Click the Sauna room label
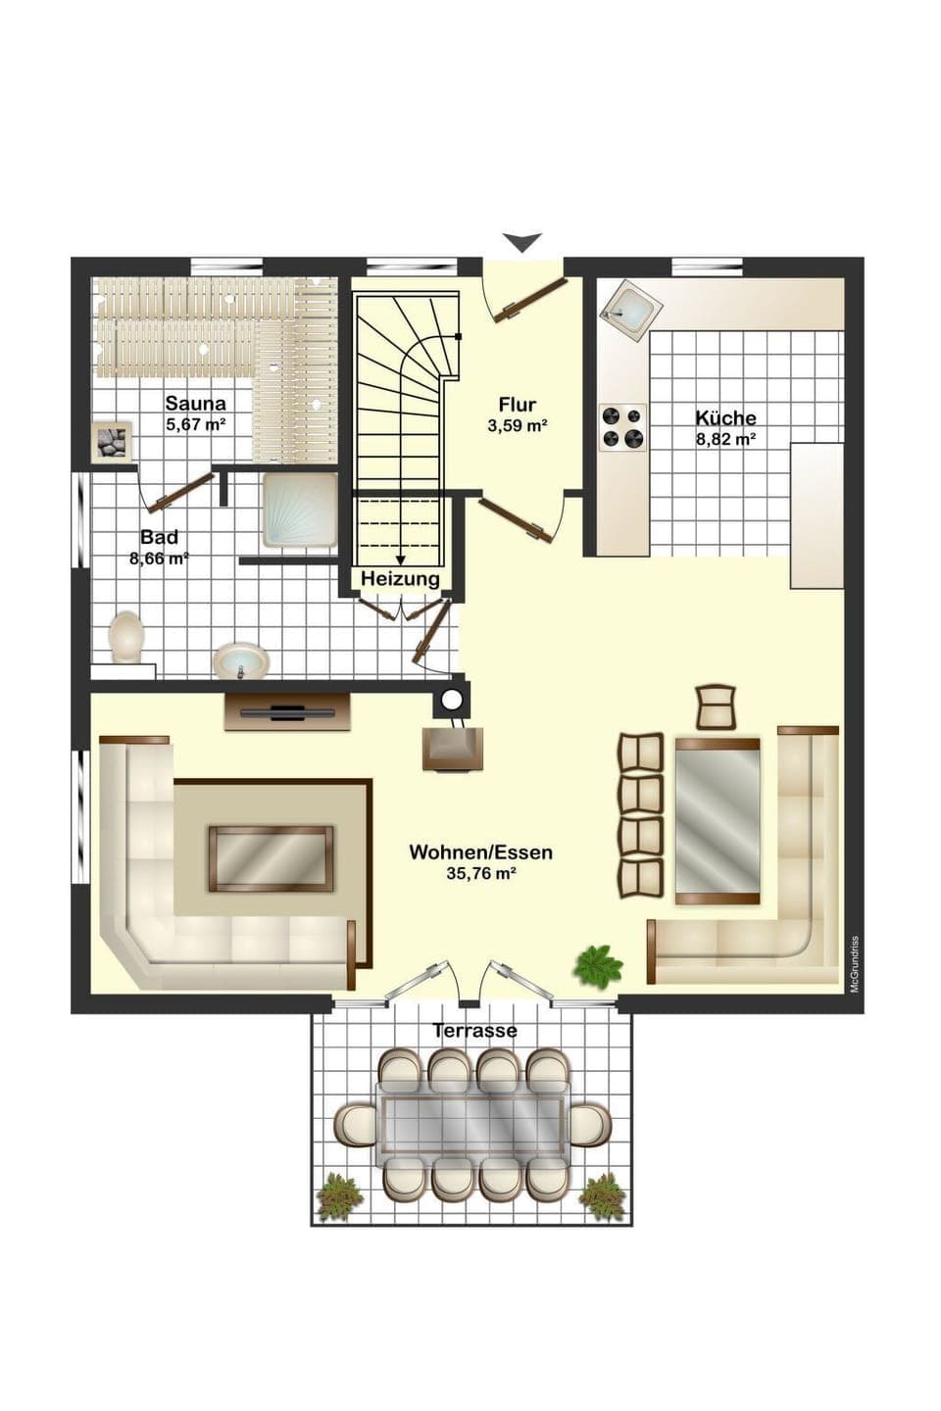(x=195, y=403)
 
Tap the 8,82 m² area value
(x=725, y=440)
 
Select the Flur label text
(x=517, y=405)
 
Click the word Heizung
(x=400, y=579)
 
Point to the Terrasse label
(x=474, y=1031)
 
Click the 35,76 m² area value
(x=480, y=875)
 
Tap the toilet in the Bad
(x=127, y=637)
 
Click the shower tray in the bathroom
(x=300, y=511)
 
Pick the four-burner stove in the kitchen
(x=622, y=428)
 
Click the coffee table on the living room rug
(x=271, y=857)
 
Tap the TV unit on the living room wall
(x=287, y=711)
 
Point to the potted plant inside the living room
(x=597, y=965)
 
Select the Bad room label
(x=159, y=537)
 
